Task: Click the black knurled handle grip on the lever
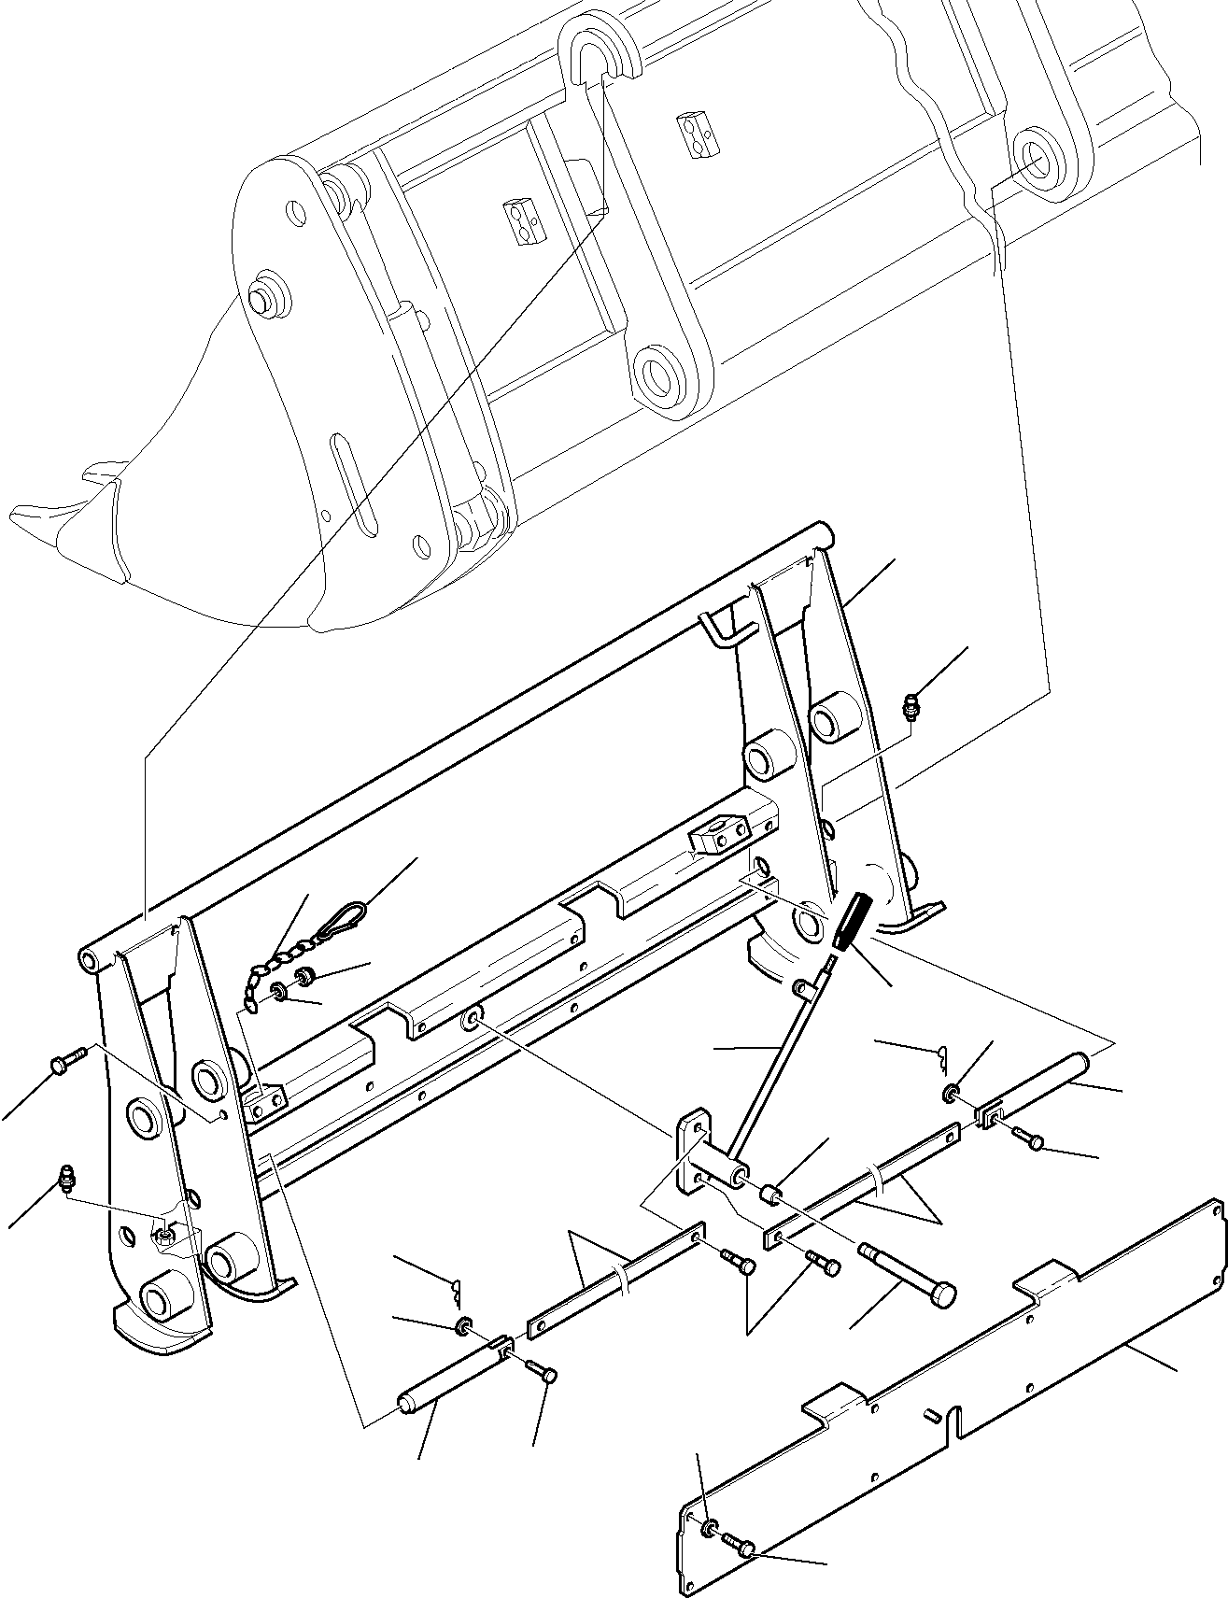point(853,923)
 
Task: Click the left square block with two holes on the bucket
point(523,220)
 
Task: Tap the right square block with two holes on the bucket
point(700,133)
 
